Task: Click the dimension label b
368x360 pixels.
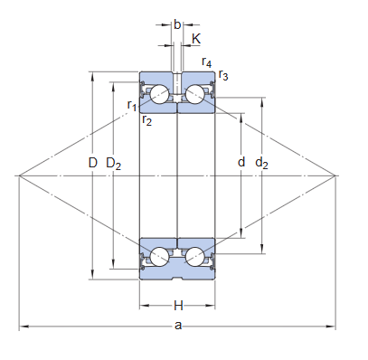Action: (177, 24)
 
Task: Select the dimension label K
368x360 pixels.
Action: (196, 39)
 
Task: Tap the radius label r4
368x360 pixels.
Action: (207, 62)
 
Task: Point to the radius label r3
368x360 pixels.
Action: (223, 75)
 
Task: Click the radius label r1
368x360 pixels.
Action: (132, 105)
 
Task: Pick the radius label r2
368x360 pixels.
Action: (147, 119)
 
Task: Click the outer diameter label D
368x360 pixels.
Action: (93, 163)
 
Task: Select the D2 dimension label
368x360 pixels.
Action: (114, 164)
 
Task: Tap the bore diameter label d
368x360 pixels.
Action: (241, 162)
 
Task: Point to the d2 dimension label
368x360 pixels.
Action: (261, 163)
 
